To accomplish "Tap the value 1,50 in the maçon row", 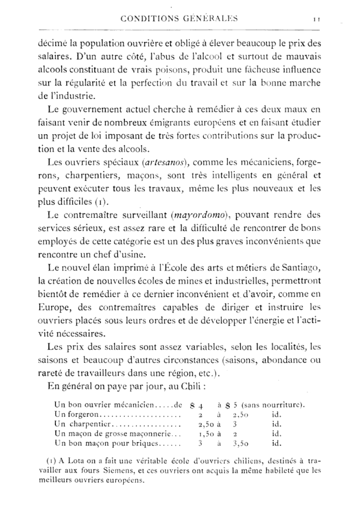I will tap(202, 434).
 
